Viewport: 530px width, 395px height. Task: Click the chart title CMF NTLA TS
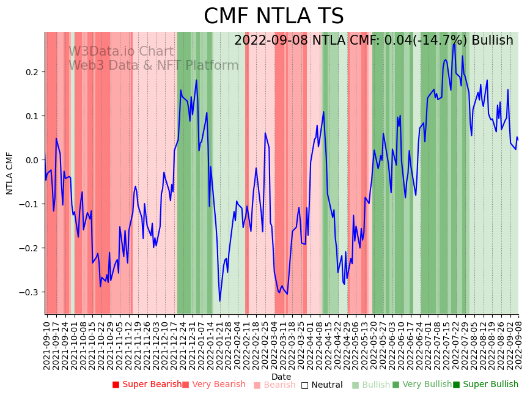click(x=273, y=17)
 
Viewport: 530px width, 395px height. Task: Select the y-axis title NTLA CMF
click(x=10, y=173)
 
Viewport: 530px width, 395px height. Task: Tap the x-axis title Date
click(x=281, y=377)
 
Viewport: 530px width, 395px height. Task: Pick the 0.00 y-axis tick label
click(x=32, y=160)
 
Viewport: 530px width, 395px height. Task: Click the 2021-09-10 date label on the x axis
click(x=47, y=343)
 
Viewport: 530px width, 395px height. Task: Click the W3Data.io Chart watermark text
click(x=121, y=51)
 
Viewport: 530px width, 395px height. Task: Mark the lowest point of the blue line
click(x=220, y=301)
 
